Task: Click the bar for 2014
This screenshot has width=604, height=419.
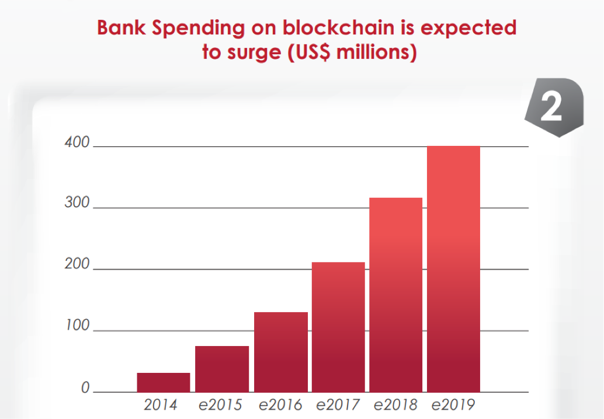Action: tap(164, 382)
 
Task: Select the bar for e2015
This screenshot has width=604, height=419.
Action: tap(222, 369)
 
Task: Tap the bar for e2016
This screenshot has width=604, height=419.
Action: tap(280, 352)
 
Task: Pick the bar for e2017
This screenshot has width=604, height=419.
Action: tap(338, 327)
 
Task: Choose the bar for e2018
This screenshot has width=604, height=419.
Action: tap(396, 295)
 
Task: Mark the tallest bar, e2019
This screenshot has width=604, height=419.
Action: tap(454, 268)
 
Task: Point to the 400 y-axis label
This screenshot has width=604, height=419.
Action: tap(77, 143)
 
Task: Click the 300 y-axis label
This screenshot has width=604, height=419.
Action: tap(77, 204)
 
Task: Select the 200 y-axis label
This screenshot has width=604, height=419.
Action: tap(77, 265)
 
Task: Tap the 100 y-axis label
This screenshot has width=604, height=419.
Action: tap(77, 326)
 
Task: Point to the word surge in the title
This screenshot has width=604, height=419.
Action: tap(254, 53)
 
